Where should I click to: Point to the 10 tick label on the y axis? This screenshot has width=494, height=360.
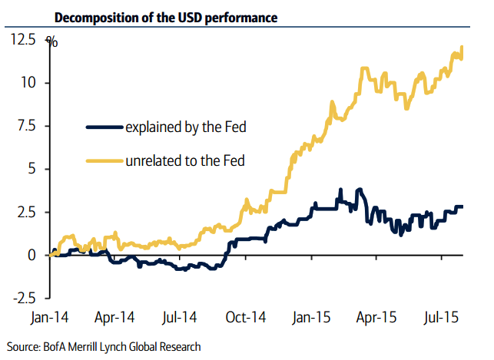click(x=29, y=83)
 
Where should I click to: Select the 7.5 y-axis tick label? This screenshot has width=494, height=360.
click(x=25, y=126)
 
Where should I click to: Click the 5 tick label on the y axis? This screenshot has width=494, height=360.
click(x=32, y=169)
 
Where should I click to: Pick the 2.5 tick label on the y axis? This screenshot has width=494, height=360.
click(x=25, y=212)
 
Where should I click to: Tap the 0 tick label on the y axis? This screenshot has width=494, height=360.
click(x=32, y=255)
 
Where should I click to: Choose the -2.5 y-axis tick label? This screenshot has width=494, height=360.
click(x=23, y=298)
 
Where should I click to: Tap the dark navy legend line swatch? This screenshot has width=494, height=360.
click(x=104, y=127)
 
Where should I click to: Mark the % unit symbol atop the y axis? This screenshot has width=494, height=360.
click(x=51, y=41)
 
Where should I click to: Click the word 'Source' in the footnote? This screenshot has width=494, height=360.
click(x=22, y=347)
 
